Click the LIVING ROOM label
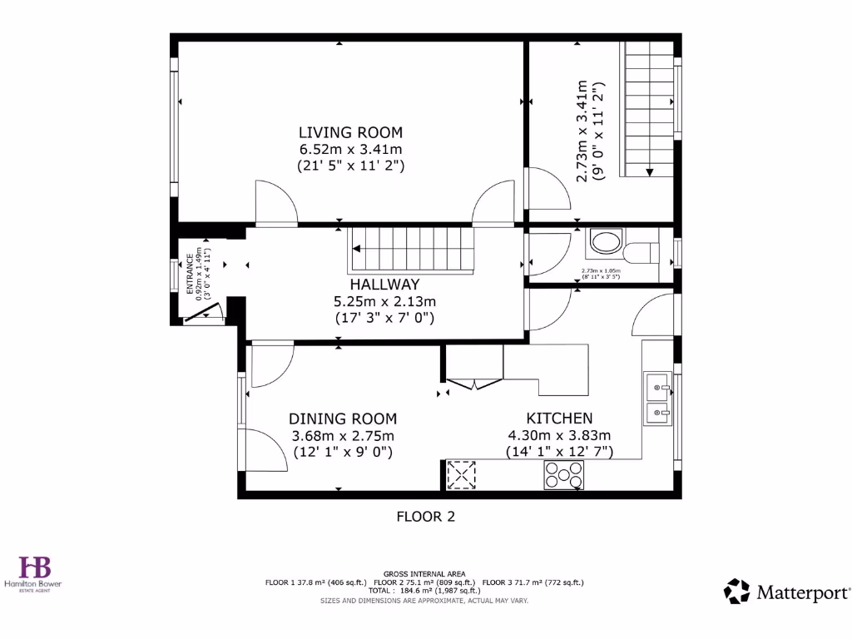tap(350, 132)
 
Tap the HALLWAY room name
tap(384, 285)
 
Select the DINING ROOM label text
tap(343, 419)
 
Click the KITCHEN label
tap(559, 419)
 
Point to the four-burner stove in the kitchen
tap(563, 475)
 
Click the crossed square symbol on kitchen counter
tap(460, 475)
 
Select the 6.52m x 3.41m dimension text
tap(350, 149)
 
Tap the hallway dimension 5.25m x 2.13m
tap(384, 301)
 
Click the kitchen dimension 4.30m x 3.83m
tap(559, 435)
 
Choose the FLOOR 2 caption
tap(425, 517)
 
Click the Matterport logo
tap(787, 592)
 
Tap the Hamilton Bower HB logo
tap(36, 569)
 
